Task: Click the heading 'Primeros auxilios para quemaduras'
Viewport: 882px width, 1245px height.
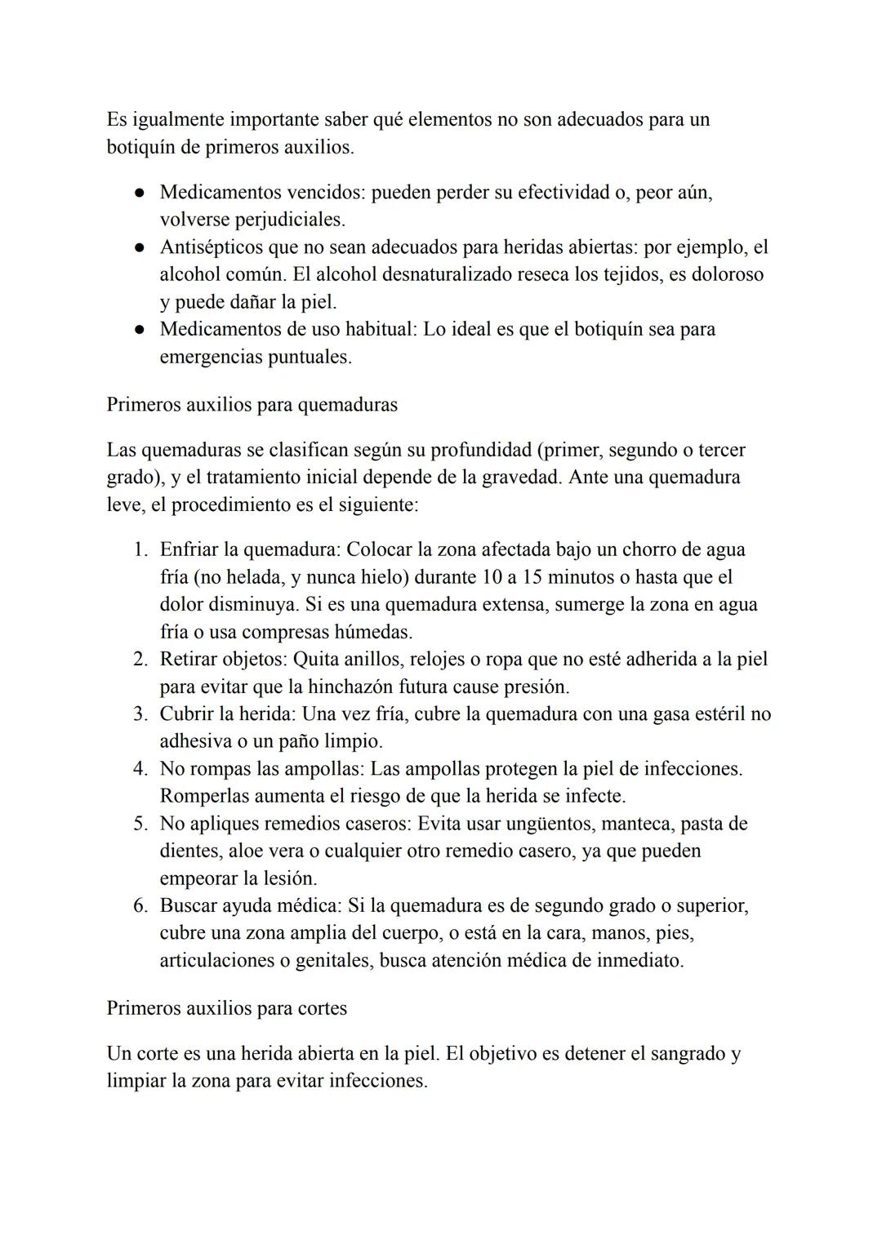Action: tap(252, 405)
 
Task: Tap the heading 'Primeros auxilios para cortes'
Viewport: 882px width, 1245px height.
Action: tap(226, 1008)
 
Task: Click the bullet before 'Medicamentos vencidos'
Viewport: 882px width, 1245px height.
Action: tap(140, 193)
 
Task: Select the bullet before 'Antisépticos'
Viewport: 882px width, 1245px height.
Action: tap(140, 248)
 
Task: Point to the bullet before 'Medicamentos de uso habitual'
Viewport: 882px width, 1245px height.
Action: tap(140, 331)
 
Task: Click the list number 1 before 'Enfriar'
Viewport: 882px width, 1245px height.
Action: tap(139, 550)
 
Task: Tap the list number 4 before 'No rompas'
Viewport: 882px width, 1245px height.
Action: tap(139, 769)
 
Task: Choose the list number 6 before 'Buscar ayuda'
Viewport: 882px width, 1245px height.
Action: tap(139, 906)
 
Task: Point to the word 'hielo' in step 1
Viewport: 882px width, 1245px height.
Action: tap(383, 577)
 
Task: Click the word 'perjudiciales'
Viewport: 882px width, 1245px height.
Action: tap(289, 220)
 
